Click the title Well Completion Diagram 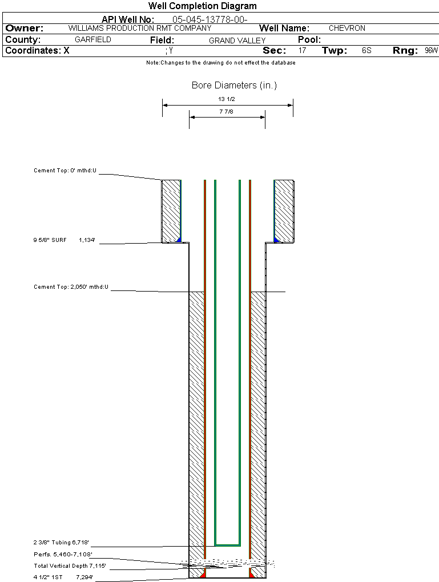pos(203,6)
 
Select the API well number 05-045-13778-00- pos(210,19)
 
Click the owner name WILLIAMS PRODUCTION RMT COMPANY pos(140,28)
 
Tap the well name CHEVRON pos(347,28)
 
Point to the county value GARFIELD pos(93,40)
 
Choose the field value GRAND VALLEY pos(237,41)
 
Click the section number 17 pos(302,51)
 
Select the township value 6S pos(366,51)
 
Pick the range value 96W pos(431,51)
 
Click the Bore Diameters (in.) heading pos(234,86)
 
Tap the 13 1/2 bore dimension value pos(227,99)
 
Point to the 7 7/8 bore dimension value pos(226,112)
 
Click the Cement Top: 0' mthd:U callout pos(65,171)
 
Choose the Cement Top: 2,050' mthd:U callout pos(71,286)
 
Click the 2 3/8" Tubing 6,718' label pos(61,542)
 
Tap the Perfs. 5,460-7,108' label pos(63,554)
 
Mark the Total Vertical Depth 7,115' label pos(70,566)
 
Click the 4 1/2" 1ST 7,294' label pos(63,577)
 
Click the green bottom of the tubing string pos(227,545)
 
